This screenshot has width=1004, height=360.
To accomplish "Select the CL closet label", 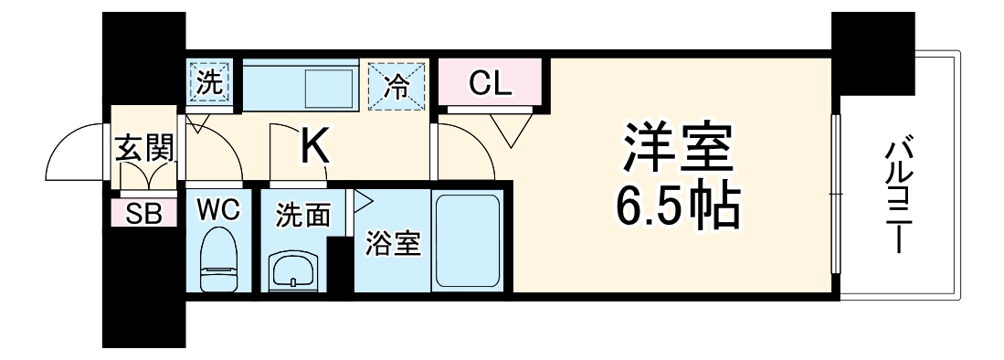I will click(x=491, y=83).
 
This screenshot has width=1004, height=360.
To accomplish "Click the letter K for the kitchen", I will click(x=315, y=147).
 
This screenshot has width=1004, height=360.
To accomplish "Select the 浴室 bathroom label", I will click(x=394, y=244).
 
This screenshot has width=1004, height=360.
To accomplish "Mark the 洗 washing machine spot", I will click(x=211, y=82).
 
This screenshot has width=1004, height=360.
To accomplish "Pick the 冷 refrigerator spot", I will click(x=396, y=83).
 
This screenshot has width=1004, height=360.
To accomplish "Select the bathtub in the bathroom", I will click(x=466, y=239).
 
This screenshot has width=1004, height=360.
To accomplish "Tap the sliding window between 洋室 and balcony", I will click(x=834, y=194).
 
